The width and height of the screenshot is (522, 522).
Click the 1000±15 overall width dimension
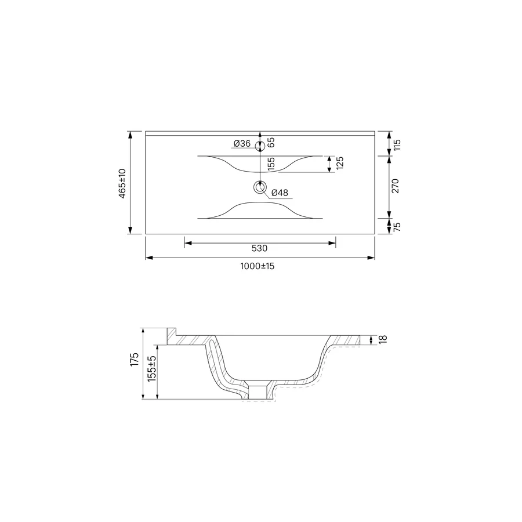coord(258,266)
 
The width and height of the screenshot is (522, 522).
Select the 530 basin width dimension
coord(259,248)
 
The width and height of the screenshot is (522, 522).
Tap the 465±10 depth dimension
coord(122,183)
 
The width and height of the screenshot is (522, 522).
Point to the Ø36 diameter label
coord(242,143)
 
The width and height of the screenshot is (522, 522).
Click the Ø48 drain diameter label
coord(280,193)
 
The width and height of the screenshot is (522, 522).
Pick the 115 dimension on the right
coord(397,145)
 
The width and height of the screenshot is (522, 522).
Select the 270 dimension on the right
coord(395,186)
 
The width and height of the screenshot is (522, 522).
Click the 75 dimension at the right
coord(397,227)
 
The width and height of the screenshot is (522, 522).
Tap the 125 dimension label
coord(340,163)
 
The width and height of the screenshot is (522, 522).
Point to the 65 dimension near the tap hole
coord(271,143)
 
